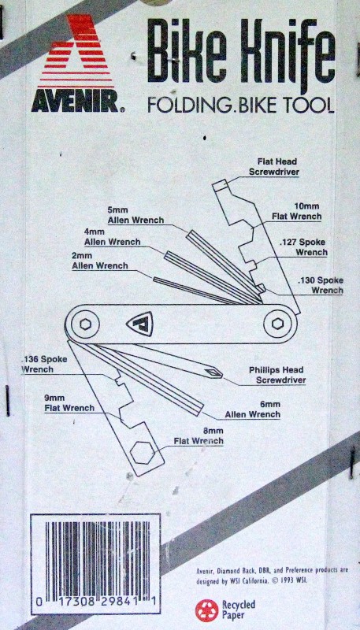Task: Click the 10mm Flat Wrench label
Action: click(296, 211)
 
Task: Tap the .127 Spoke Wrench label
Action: click(304, 247)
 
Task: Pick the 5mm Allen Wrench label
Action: click(135, 215)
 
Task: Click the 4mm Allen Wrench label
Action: click(112, 237)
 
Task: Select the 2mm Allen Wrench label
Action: click(100, 261)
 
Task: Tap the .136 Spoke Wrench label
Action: click(45, 364)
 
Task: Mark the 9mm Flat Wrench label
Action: click(69, 403)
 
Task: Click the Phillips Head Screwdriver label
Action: click(276, 375)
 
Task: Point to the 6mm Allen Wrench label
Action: click(252, 409)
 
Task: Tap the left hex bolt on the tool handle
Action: click(85, 324)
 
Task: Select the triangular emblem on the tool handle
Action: click(140, 324)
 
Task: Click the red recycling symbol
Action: click(206, 610)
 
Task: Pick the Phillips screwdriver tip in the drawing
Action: click(213, 372)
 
